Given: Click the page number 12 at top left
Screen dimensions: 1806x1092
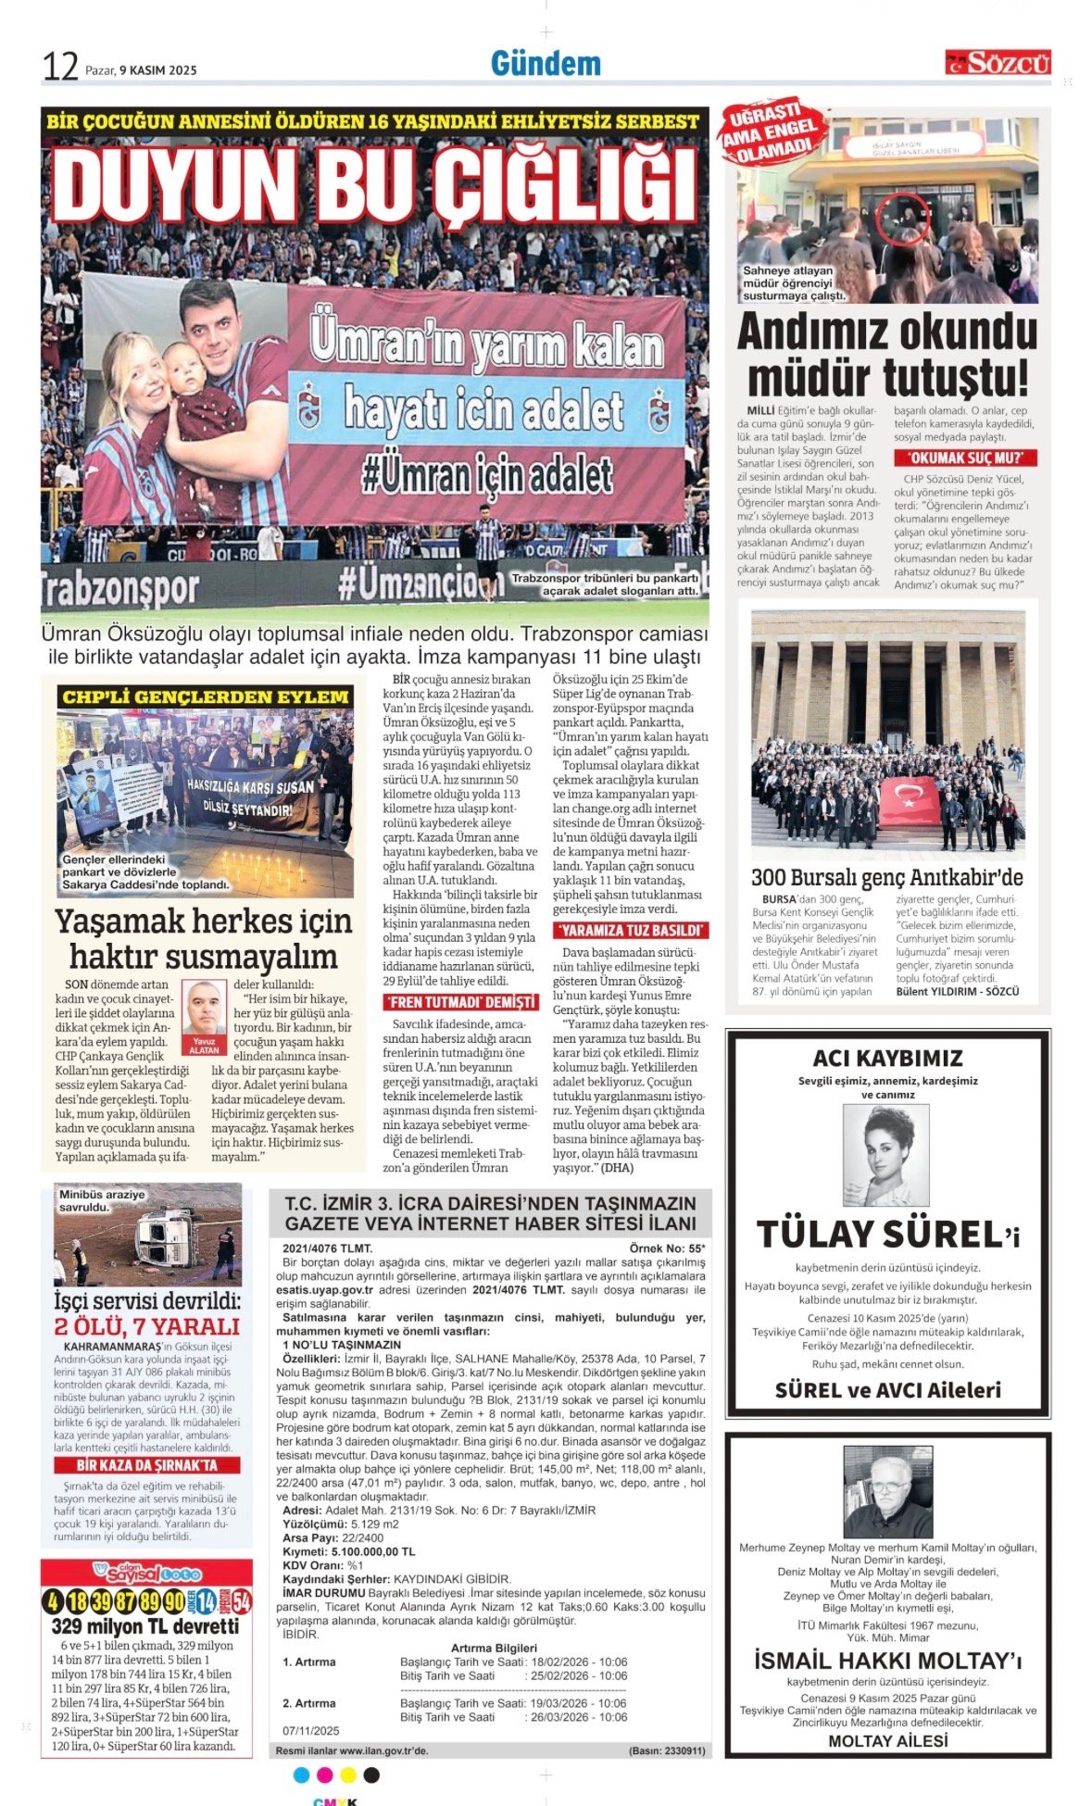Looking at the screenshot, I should pyautogui.click(x=59, y=67).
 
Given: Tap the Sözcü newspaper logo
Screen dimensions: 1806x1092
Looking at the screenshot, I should pyautogui.click(x=998, y=63).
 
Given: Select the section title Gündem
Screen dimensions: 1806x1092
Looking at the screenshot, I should pyautogui.click(x=546, y=64).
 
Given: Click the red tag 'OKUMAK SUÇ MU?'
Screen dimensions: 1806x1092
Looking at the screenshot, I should pyautogui.click(x=965, y=458).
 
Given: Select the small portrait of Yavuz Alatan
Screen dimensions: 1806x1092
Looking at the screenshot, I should pyautogui.click(x=204, y=1009).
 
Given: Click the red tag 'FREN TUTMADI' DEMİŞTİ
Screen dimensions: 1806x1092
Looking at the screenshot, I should pyautogui.click(x=460, y=1002).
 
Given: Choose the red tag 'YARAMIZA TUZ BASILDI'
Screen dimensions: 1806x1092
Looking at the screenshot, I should pyautogui.click(x=631, y=930).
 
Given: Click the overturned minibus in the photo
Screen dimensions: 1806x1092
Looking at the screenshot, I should pyautogui.click(x=169, y=1237).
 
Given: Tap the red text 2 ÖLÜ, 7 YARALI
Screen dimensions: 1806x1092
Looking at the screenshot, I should pyautogui.click(x=146, y=1326).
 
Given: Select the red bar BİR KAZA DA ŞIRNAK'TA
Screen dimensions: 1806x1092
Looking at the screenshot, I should pyautogui.click(x=146, y=1465).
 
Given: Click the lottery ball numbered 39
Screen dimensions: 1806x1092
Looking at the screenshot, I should pyautogui.click(x=100, y=1602).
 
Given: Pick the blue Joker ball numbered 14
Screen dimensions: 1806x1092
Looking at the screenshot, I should pyautogui.click(x=205, y=1602).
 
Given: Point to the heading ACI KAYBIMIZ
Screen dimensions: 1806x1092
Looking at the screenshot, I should pyautogui.click(x=887, y=1058).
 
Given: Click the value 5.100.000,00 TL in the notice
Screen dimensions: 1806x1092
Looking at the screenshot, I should pyautogui.click(x=373, y=1551).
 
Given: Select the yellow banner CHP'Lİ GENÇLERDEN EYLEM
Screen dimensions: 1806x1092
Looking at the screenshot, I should pyautogui.click(x=205, y=696).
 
